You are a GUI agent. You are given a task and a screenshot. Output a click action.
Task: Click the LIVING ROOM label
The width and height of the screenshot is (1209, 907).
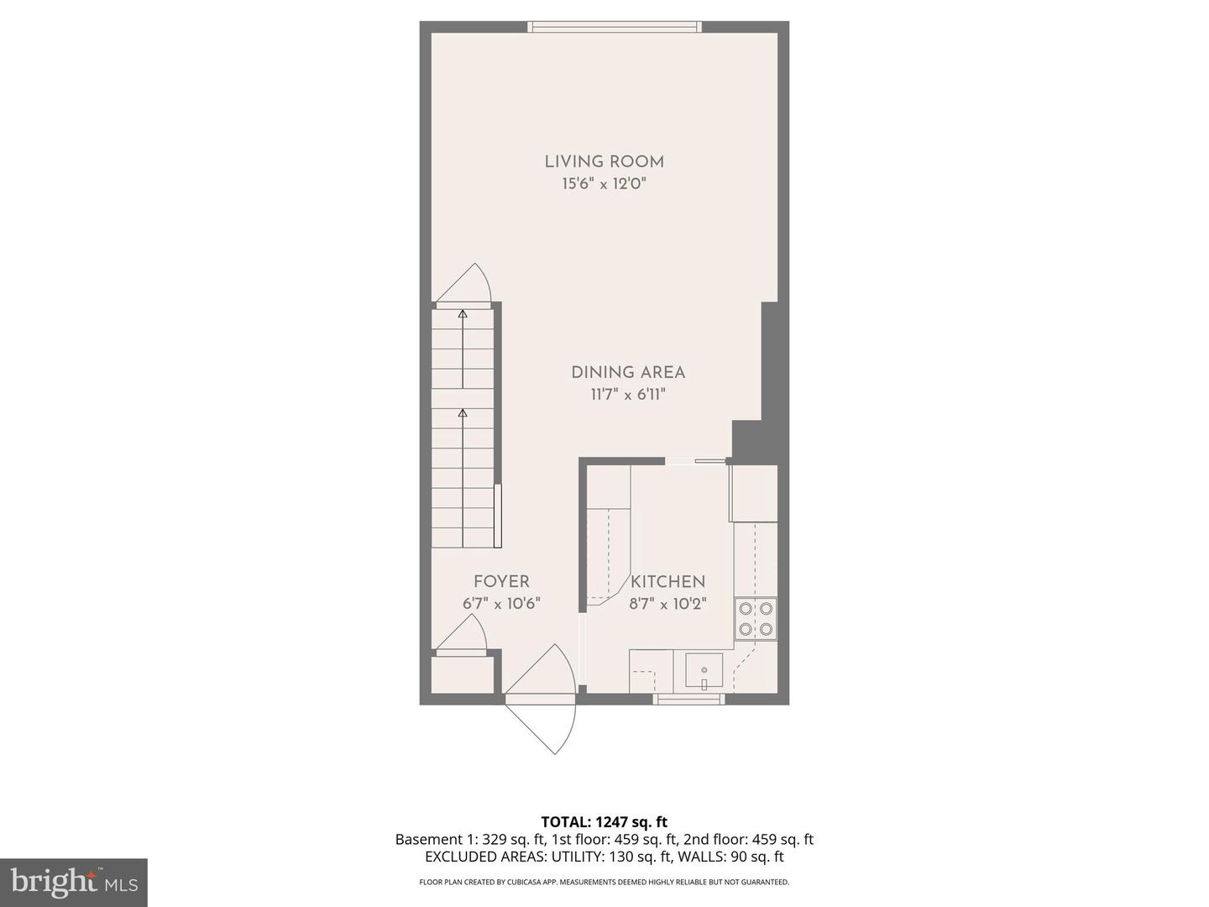point(604,162)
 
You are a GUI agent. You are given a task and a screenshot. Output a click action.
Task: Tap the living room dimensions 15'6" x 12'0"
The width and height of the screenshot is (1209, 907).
point(604,184)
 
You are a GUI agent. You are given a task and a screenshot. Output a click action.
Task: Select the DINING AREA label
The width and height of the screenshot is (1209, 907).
point(628,373)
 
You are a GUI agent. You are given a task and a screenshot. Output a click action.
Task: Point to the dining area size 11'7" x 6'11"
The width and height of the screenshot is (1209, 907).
point(628,395)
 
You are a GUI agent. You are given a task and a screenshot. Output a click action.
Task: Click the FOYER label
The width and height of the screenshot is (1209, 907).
point(501,581)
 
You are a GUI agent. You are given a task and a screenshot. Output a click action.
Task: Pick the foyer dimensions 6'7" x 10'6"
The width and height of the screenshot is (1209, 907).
point(501,603)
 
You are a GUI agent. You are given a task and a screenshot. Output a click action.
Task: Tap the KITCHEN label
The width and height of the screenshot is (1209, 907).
point(667,581)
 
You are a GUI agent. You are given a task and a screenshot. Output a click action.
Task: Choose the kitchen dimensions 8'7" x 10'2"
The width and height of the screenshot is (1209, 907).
point(667,603)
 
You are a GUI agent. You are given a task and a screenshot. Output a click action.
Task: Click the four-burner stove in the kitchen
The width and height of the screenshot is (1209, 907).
point(755,619)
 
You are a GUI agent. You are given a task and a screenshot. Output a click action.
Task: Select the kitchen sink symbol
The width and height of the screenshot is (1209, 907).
point(704,671)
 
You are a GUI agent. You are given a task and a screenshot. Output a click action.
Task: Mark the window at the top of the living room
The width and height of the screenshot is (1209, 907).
point(614,27)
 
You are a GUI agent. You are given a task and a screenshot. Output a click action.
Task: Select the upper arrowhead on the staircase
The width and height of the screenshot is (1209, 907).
point(462,314)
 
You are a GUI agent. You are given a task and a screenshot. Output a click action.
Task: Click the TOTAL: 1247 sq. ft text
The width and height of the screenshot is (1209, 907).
point(604,822)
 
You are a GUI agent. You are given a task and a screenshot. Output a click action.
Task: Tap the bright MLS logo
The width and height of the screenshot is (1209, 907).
point(74,882)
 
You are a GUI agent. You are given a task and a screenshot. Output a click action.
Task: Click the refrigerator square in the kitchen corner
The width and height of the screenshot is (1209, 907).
point(755,494)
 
